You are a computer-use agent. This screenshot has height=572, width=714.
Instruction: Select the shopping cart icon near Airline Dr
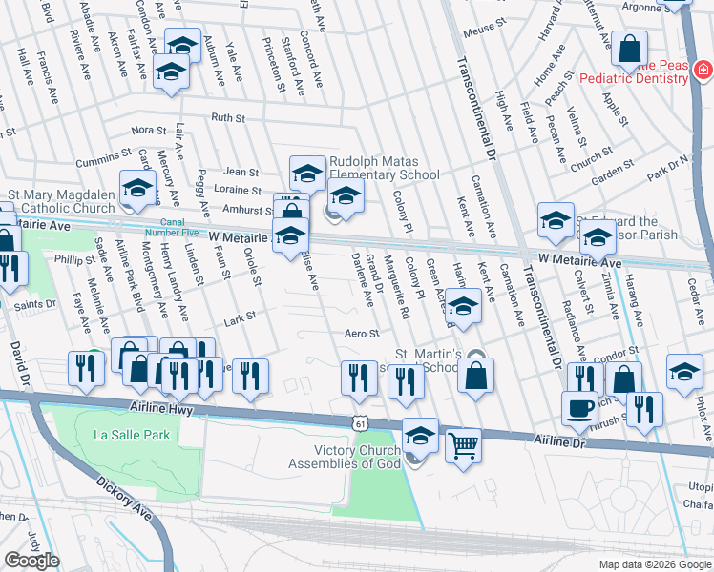point(463,443)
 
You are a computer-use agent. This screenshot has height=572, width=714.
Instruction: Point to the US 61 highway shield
point(358,420)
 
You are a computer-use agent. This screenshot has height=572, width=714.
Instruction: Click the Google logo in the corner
point(31,561)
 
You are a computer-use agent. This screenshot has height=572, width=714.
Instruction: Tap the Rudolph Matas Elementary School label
point(384,169)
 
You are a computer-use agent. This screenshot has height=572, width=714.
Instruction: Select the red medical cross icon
point(703,70)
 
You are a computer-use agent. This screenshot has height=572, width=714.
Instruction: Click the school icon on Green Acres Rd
point(463,307)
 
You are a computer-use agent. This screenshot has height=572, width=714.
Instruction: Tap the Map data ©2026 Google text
point(654,564)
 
